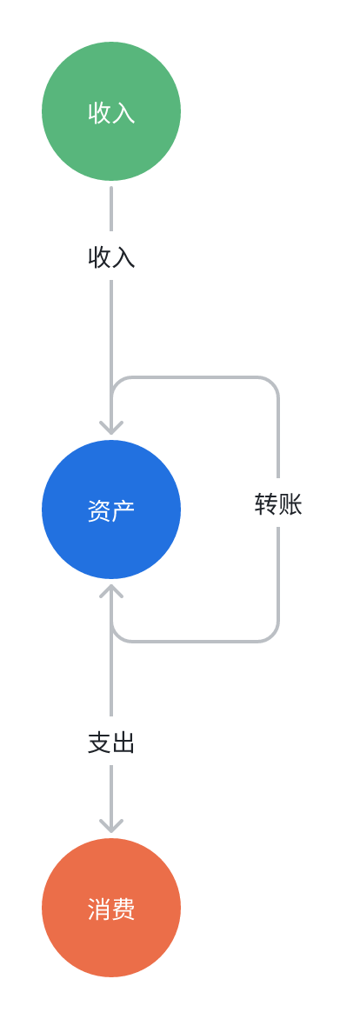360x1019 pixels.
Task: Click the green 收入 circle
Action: [x=111, y=111]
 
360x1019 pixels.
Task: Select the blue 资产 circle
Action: [x=111, y=509]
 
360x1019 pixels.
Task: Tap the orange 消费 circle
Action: [x=111, y=907]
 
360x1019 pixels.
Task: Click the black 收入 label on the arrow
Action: [x=111, y=258]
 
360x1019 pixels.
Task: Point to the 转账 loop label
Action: [x=278, y=504]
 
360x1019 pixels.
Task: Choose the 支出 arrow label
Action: [x=111, y=743]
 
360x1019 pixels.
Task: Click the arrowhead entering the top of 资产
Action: [x=111, y=427]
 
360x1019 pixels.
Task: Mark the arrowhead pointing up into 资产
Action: [x=111, y=590]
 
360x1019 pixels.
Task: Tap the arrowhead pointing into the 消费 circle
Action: [x=111, y=825]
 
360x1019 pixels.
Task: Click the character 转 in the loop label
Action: [x=266, y=504]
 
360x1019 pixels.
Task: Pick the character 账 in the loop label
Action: [x=290, y=504]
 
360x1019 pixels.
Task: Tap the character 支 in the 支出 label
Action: [x=99, y=743]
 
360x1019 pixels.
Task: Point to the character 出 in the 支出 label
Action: [x=123, y=743]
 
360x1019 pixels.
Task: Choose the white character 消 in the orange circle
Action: [x=99, y=909]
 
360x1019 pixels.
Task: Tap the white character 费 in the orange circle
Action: [x=123, y=909]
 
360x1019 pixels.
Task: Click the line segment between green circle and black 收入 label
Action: [x=111, y=209]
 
